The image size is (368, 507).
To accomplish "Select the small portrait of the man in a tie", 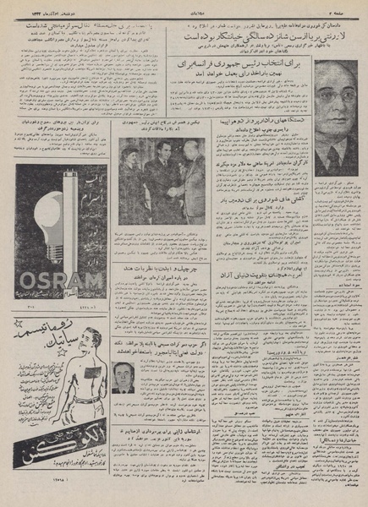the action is click(x=124, y=375).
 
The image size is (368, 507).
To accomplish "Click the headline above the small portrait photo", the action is click(x=169, y=351).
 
